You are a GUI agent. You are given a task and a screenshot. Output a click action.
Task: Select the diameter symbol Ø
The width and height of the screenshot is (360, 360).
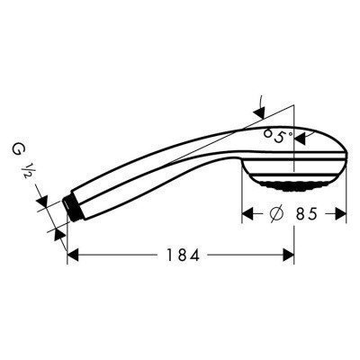279,215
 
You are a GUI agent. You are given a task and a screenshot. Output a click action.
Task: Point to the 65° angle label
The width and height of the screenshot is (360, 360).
279,137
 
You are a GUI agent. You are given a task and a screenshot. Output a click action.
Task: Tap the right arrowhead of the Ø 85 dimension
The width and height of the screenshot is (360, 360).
341,215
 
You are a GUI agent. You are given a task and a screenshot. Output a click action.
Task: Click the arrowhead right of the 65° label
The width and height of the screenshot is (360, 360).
300,137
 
